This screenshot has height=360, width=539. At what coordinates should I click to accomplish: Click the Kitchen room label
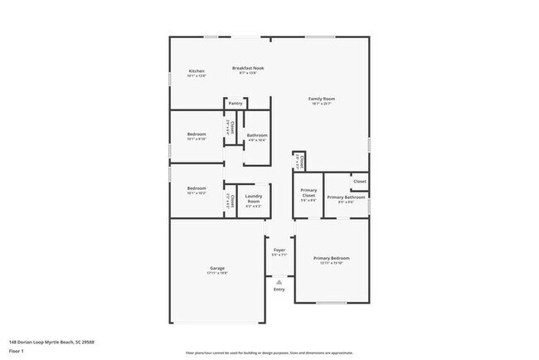[x=197, y=71]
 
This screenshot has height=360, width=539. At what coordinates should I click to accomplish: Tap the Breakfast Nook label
[x=248, y=67]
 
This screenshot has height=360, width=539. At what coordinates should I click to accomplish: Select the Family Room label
[x=322, y=98]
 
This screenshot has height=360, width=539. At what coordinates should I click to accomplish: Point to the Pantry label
[x=236, y=104]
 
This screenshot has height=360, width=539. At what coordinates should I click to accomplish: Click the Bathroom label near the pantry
[x=257, y=134]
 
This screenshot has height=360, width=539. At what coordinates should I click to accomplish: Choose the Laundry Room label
[x=254, y=198]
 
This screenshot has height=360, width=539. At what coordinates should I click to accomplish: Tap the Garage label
[x=217, y=269]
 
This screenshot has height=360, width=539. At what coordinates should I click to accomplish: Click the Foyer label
[x=279, y=249]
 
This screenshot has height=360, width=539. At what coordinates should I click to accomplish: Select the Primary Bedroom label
[x=331, y=259]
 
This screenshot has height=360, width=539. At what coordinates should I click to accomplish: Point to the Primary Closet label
[x=308, y=194]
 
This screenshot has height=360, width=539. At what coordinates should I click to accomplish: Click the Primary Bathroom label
[x=346, y=197]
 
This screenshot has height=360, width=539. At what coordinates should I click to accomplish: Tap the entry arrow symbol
[x=279, y=281]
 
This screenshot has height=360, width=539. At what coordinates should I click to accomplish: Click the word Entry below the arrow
[x=279, y=289]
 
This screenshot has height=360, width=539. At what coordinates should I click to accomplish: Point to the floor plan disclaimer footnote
[x=269, y=352]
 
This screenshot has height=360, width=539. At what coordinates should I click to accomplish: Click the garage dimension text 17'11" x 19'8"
[x=217, y=273]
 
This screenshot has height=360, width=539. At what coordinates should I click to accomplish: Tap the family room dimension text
[x=322, y=104]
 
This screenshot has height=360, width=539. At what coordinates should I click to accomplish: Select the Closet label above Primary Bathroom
[x=360, y=181]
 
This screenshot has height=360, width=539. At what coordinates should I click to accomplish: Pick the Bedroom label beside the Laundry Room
[x=197, y=188]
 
